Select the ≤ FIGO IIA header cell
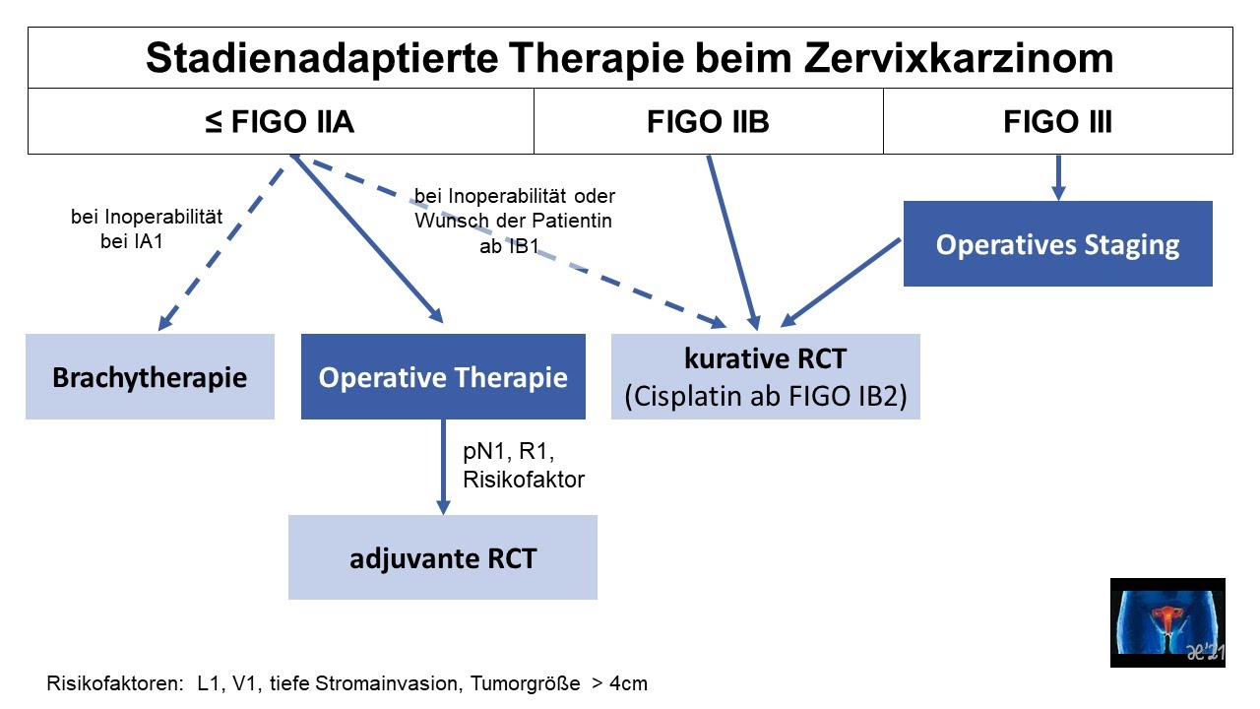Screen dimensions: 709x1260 281,122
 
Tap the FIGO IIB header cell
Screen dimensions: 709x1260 708,122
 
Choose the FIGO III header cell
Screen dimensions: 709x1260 1057,122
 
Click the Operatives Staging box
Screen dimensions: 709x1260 1057,244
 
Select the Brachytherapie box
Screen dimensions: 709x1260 150,377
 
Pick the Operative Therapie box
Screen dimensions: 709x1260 443,377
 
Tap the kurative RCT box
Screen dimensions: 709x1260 765,377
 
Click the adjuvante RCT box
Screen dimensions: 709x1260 442,557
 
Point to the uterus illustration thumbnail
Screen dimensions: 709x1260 1167,622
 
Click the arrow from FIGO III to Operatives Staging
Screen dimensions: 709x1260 1058,177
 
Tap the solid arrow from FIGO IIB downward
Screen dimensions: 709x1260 731,241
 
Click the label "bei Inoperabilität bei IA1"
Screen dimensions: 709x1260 147,228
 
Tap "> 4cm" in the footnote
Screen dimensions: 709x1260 619,683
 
